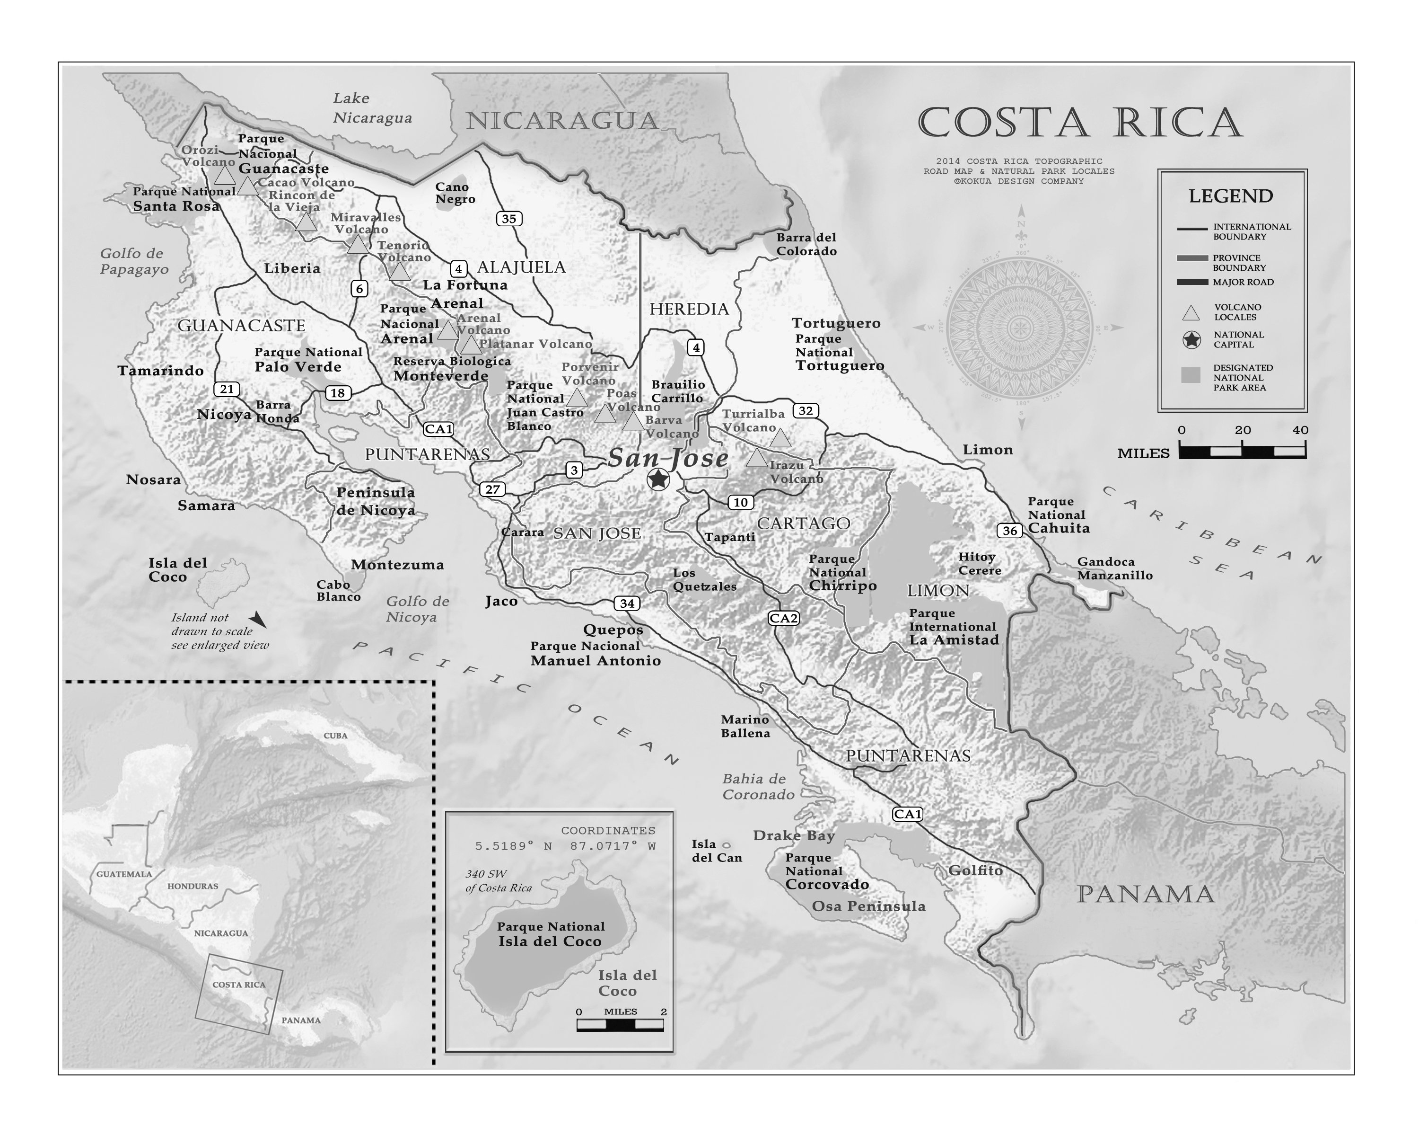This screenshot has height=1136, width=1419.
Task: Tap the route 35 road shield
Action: click(509, 219)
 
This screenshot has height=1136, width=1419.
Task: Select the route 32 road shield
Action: click(805, 411)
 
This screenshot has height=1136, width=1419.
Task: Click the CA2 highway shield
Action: click(783, 618)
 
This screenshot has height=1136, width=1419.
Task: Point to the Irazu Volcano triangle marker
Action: click(756, 458)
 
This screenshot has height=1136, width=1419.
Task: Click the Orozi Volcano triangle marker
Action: click(224, 175)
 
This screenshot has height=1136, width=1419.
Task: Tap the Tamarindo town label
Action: click(161, 371)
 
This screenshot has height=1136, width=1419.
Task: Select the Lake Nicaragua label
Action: click(372, 108)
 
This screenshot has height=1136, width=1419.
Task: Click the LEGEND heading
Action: click(1230, 196)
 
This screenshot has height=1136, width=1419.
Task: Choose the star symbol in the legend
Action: click(1191, 340)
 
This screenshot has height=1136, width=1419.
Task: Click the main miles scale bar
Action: click(1242, 451)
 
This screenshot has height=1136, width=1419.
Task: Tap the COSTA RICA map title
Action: click(1079, 123)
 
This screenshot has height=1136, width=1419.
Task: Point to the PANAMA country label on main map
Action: click(1145, 894)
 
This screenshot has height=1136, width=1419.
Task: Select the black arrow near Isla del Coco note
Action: click(257, 619)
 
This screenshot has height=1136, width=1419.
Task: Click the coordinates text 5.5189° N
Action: click(513, 846)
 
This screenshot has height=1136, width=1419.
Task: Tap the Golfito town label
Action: click(975, 870)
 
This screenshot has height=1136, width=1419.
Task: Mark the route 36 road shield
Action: click(1010, 530)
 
